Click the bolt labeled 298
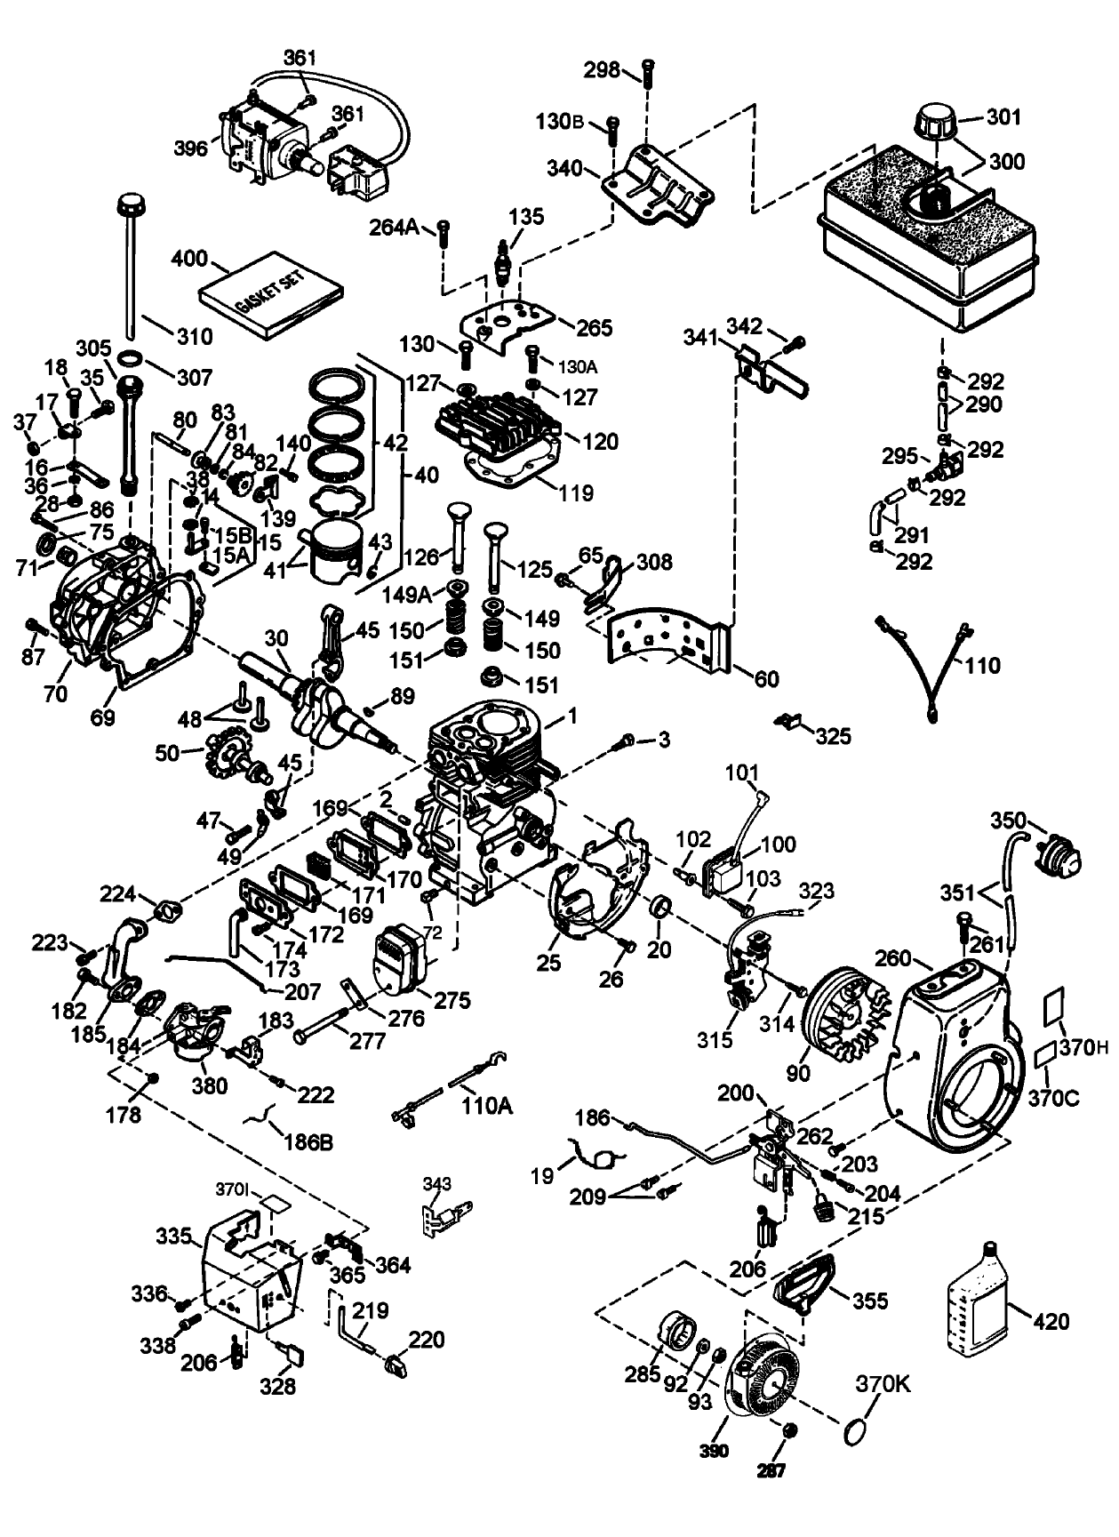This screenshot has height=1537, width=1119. [648, 71]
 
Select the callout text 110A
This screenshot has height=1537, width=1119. [487, 1105]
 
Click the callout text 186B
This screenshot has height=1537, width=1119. [308, 1141]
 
